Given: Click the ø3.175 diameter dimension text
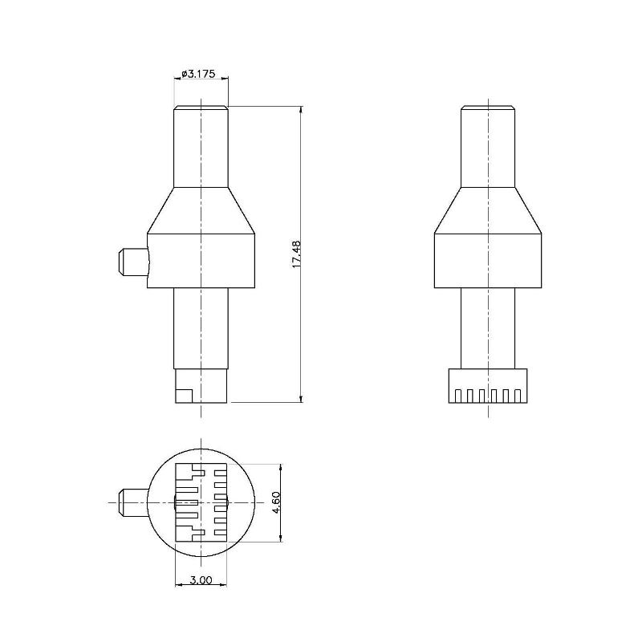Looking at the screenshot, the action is click(x=198, y=74).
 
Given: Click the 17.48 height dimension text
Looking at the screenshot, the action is click(x=297, y=254).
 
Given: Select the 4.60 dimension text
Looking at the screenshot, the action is click(x=276, y=503).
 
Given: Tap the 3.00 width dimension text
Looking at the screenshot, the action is click(x=201, y=580).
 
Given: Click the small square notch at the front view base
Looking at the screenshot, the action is click(x=185, y=396).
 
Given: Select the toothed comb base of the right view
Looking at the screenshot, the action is click(x=488, y=386).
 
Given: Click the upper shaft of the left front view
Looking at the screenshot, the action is click(x=201, y=147).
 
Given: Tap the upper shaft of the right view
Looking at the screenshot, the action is click(x=488, y=147).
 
